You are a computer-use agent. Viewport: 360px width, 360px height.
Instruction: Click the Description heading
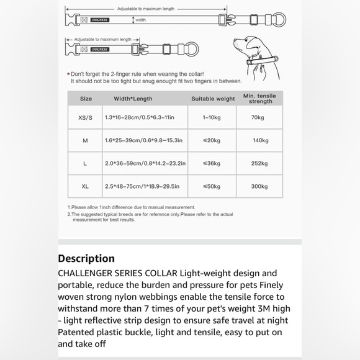[x=86, y=259]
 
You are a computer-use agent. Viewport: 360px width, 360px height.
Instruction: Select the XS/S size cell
[x=85, y=117]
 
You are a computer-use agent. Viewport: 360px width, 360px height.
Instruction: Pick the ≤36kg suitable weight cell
[x=212, y=163]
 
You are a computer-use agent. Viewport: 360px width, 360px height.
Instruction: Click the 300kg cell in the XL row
[x=259, y=186]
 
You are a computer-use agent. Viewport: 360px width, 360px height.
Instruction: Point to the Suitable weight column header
[x=213, y=99]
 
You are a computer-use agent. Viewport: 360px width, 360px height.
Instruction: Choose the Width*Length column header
[x=133, y=99]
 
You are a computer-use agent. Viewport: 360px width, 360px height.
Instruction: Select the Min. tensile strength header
[x=259, y=99]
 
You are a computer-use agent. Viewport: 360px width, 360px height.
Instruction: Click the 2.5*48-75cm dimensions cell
[x=142, y=186]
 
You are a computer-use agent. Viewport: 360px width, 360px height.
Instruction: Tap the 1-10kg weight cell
[x=212, y=117]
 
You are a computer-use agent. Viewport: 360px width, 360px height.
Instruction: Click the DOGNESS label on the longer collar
[x=100, y=20]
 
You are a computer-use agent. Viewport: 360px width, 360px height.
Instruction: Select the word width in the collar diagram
[x=140, y=20]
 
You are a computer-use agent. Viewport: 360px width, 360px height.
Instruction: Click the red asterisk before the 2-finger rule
[x=68, y=74]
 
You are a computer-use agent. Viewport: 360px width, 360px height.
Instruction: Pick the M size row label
[x=85, y=140]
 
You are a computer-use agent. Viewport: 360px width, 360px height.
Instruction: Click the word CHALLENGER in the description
[x=84, y=274]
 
